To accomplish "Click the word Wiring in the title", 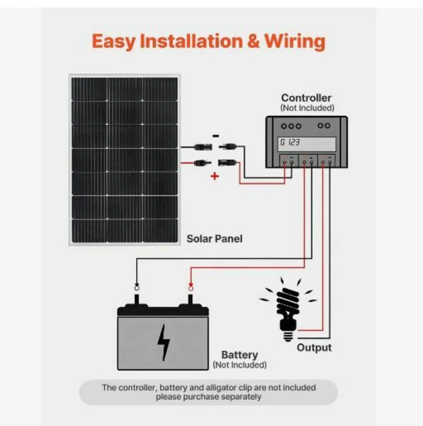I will point(295,42).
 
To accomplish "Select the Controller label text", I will point(306,98).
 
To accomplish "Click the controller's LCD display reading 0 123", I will point(307,143).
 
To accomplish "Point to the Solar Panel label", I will point(215,239).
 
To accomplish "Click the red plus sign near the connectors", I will point(215,176).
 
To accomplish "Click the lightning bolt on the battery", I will point(163,342).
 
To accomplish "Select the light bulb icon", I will point(288,309).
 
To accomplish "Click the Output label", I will point(314,348).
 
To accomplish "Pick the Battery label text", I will point(239,355).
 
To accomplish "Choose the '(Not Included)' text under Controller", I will point(307,108).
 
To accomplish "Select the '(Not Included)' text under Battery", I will point(239,365).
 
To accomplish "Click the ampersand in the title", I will point(253,42).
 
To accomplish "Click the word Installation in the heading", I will point(191,42).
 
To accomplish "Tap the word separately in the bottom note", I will point(241,397).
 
